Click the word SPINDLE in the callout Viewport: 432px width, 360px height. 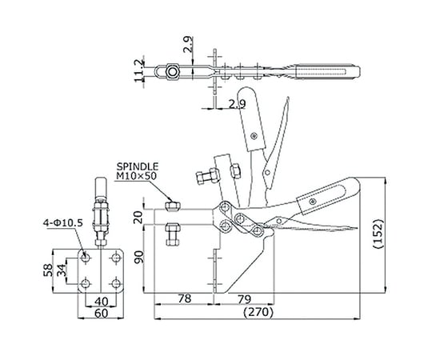click(138, 166)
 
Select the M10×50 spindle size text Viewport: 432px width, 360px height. click(136, 176)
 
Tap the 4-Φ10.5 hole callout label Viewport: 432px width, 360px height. click(63, 223)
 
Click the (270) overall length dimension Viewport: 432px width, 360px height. click(258, 312)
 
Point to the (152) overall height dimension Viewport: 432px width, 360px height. click(379, 234)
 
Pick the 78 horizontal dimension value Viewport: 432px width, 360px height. click(185, 298)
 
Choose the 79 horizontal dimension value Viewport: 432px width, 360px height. click(244, 298)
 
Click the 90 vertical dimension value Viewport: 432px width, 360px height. click(138, 257)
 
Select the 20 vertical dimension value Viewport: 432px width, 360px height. click(138, 217)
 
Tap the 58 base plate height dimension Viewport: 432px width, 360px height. click(48, 270)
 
